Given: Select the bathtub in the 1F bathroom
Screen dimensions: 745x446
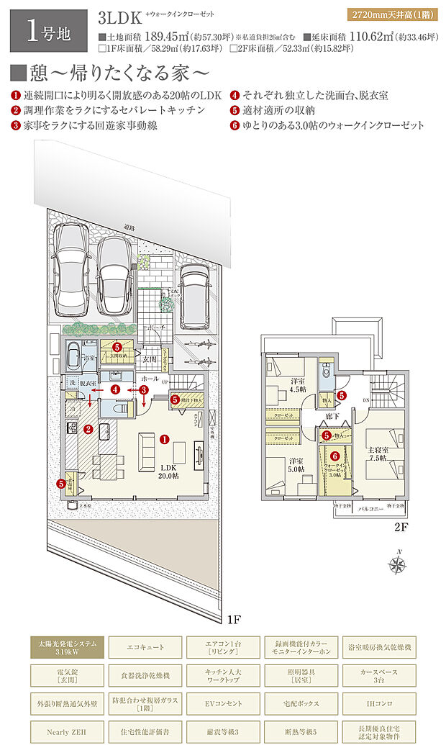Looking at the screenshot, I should coord(75,356).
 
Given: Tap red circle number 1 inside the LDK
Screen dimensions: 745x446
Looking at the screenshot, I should coord(164,438).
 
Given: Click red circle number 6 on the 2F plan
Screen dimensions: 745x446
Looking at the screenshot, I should coord(334,455).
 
